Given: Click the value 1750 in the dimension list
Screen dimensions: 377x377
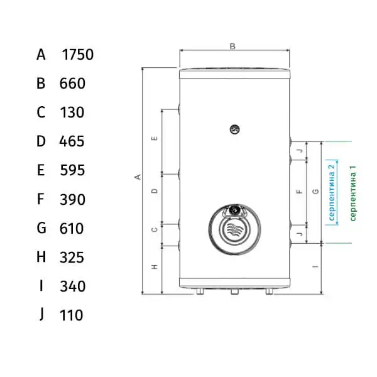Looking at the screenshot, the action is (x=78, y=55).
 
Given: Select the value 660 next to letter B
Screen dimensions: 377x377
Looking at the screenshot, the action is (x=72, y=84).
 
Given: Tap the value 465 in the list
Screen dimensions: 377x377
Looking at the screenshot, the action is (x=72, y=141).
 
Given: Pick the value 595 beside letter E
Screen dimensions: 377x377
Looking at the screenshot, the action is (x=72, y=170).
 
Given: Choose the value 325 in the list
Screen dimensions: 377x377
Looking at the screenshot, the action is (x=72, y=257).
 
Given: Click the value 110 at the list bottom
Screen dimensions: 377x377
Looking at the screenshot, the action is (x=71, y=315).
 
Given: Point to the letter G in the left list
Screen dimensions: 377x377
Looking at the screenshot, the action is (x=41, y=227).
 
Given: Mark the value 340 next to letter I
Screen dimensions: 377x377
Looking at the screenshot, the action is (x=73, y=286).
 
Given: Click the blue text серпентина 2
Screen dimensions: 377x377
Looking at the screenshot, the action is (x=331, y=193).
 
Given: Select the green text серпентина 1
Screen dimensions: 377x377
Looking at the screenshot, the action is (x=352, y=193).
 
